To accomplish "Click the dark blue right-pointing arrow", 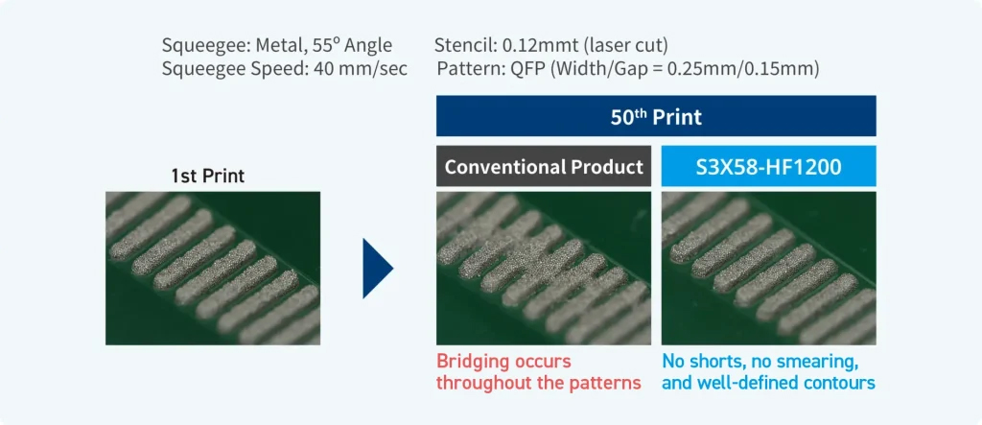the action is point(377,269).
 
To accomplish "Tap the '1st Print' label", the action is point(207,177).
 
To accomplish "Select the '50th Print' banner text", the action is point(656,117).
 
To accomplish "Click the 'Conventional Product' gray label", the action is point(544,167).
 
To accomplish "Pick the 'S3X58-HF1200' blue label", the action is point(768,167).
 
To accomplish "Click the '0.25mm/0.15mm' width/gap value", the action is point(743,68).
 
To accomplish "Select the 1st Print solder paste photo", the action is point(212,269).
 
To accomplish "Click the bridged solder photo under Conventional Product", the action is point(544,269).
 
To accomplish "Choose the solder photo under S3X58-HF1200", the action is point(768,269).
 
